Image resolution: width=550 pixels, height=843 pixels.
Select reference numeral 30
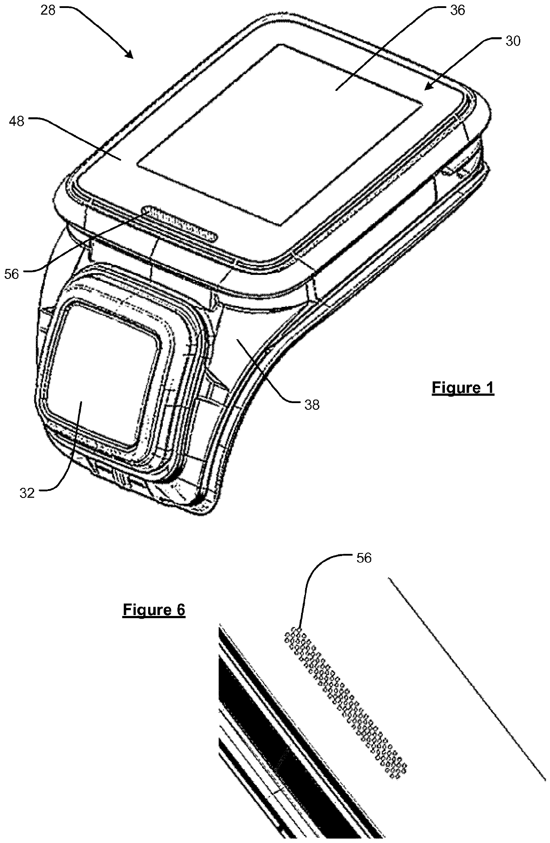(x=513, y=41)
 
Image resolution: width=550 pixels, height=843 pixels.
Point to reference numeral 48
(x=17, y=121)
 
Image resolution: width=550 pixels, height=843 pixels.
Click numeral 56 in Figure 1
(x=12, y=274)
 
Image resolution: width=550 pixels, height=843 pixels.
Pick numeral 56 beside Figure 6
(x=364, y=558)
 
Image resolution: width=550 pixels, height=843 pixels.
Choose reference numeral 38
(x=312, y=404)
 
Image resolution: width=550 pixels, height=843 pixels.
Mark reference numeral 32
(x=27, y=493)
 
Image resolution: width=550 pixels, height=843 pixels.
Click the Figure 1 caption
(x=463, y=388)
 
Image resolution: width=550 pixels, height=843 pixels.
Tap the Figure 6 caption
(x=153, y=610)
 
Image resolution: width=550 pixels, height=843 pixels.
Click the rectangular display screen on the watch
(x=279, y=133)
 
